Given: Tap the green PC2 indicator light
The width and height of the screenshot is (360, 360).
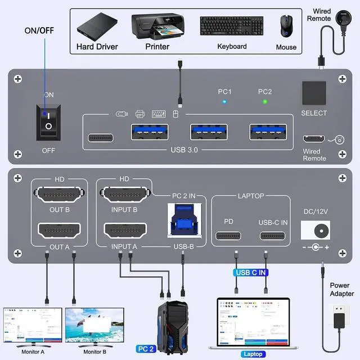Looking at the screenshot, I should click(x=265, y=102).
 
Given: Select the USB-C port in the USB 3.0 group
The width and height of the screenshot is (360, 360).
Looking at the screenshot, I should click(x=101, y=138).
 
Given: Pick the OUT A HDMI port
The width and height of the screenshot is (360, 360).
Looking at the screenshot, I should click(x=59, y=231).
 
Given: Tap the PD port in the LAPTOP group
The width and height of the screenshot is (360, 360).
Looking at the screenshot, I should click(x=228, y=236).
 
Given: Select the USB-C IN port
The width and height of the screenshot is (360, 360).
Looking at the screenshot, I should click(x=272, y=236).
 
